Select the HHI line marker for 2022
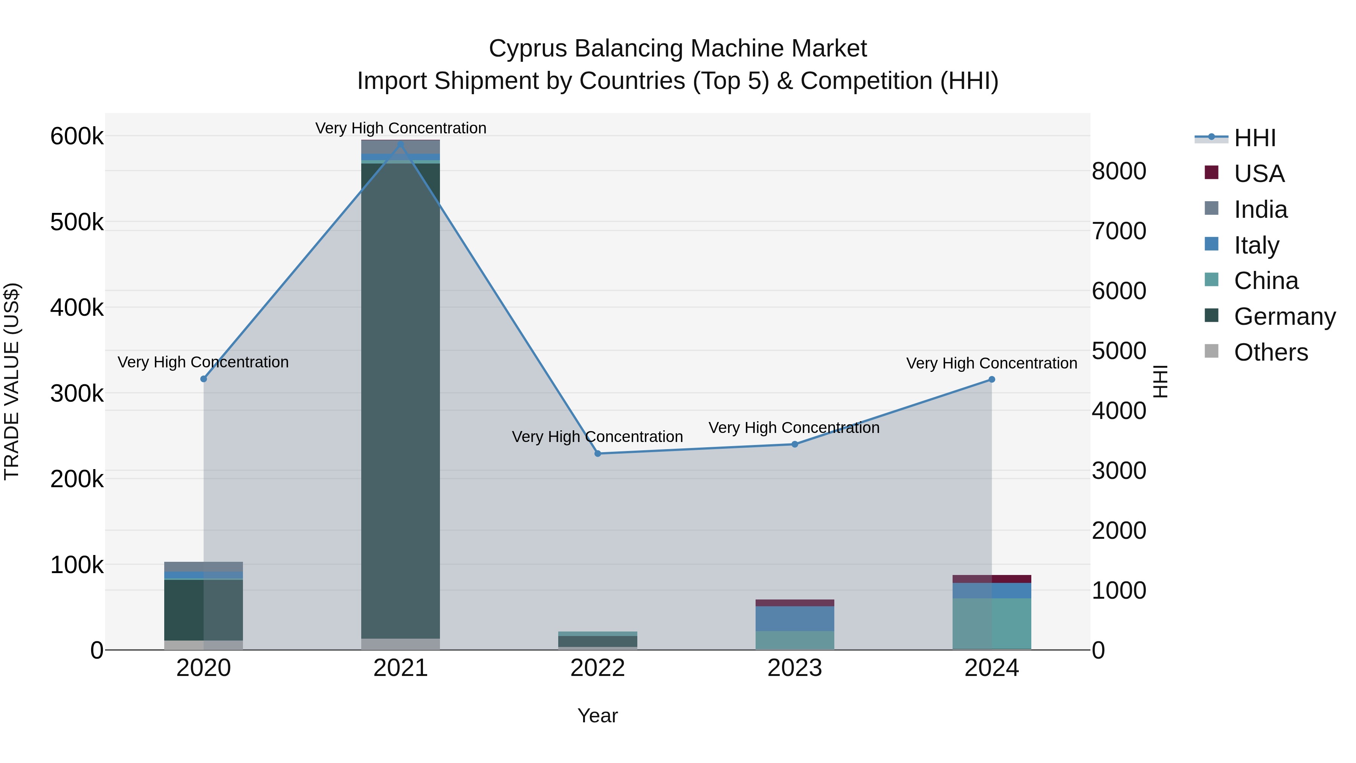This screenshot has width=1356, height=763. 597,453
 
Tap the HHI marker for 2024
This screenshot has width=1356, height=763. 992,379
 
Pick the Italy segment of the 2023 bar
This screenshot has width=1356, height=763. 794,618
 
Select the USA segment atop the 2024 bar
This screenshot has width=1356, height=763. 992,579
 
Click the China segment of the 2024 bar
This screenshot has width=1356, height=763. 992,624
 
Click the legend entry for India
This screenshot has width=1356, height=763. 1260,209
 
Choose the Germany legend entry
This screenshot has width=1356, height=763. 1284,316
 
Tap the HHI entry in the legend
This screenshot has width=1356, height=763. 1254,138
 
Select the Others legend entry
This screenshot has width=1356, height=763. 1270,352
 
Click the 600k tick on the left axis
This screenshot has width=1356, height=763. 77,136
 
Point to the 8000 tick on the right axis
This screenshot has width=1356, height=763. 1119,171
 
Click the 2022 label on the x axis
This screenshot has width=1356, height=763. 597,668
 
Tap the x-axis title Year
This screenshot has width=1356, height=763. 597,716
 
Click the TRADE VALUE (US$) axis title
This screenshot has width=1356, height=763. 12,381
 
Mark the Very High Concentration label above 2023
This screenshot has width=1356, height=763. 794,428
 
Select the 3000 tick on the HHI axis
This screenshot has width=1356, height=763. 1119,470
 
